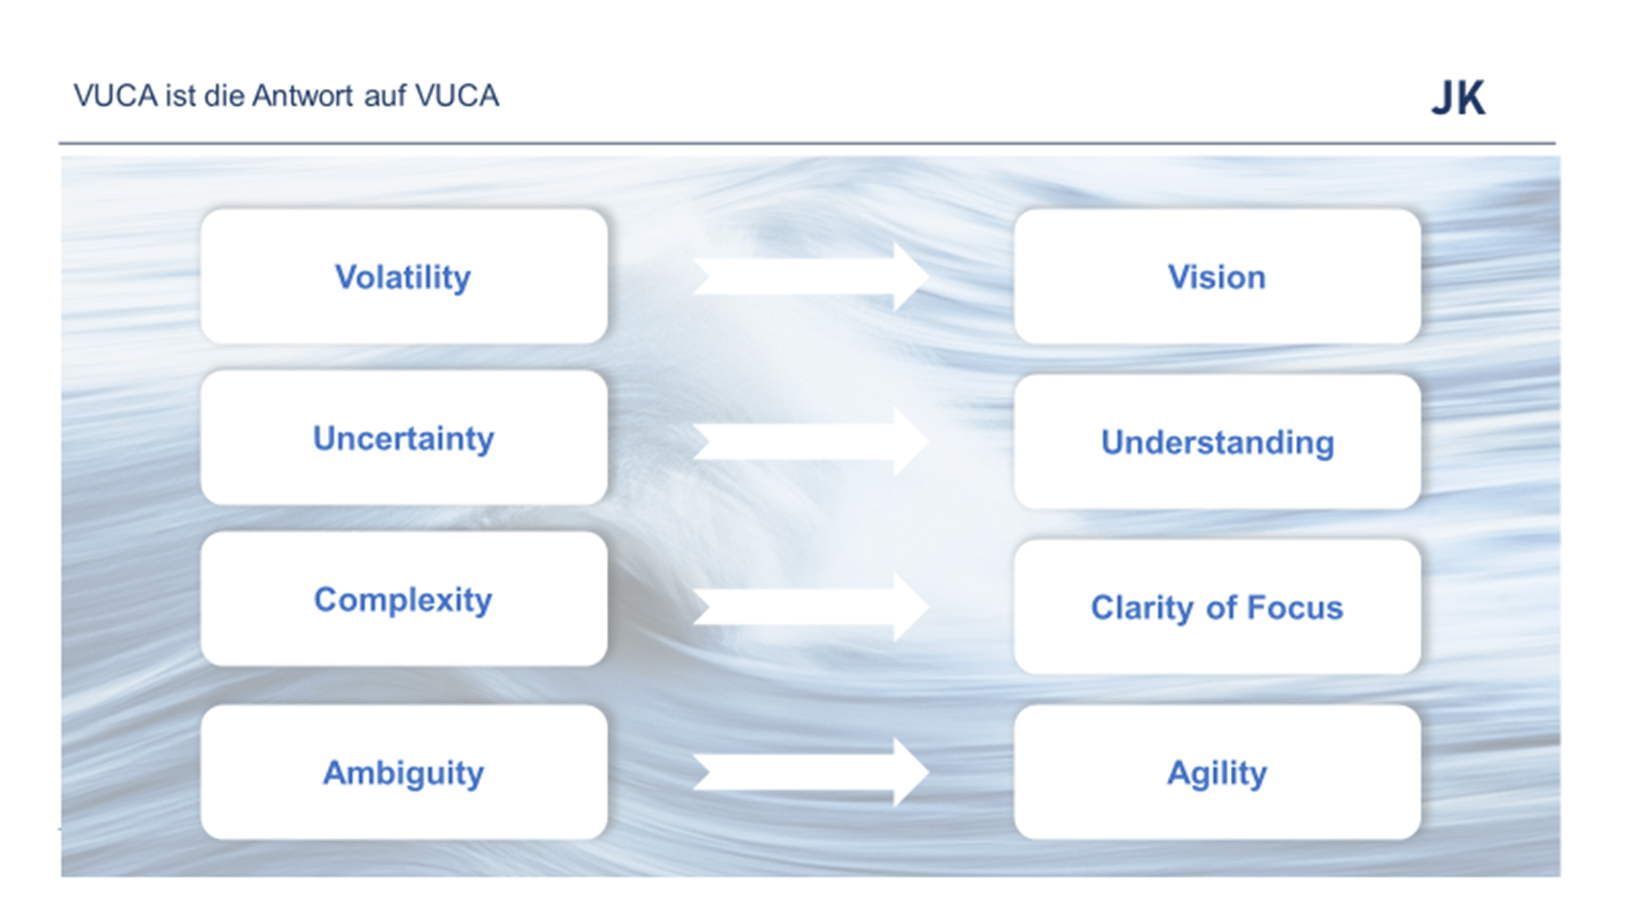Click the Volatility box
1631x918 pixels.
click(x=404, y=276)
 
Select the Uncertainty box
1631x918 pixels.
click(x=404, y=438)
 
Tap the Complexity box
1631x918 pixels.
click(x=404, y=599)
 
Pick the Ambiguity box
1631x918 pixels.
click(x=404, y=772)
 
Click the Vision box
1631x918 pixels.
click(x=1217, y=276)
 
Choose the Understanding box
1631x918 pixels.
click(x=1217, y=442)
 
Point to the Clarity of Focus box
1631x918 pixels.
click(x=1217, y=607)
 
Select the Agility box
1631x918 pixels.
click(x=1217, y=772)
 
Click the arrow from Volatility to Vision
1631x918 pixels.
click(x=811, y=276)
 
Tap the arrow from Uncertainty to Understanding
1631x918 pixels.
click(x=811, y=442)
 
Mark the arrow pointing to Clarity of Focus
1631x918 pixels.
click(x=811, y=607)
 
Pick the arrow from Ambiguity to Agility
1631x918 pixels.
click(x=811, y=772)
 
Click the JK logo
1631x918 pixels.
click(x=1459, y=97)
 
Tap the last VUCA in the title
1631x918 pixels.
click(x=457, y=96)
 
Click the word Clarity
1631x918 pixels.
click(x=1143, y=609)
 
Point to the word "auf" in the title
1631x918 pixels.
click(x=385, y=96)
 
